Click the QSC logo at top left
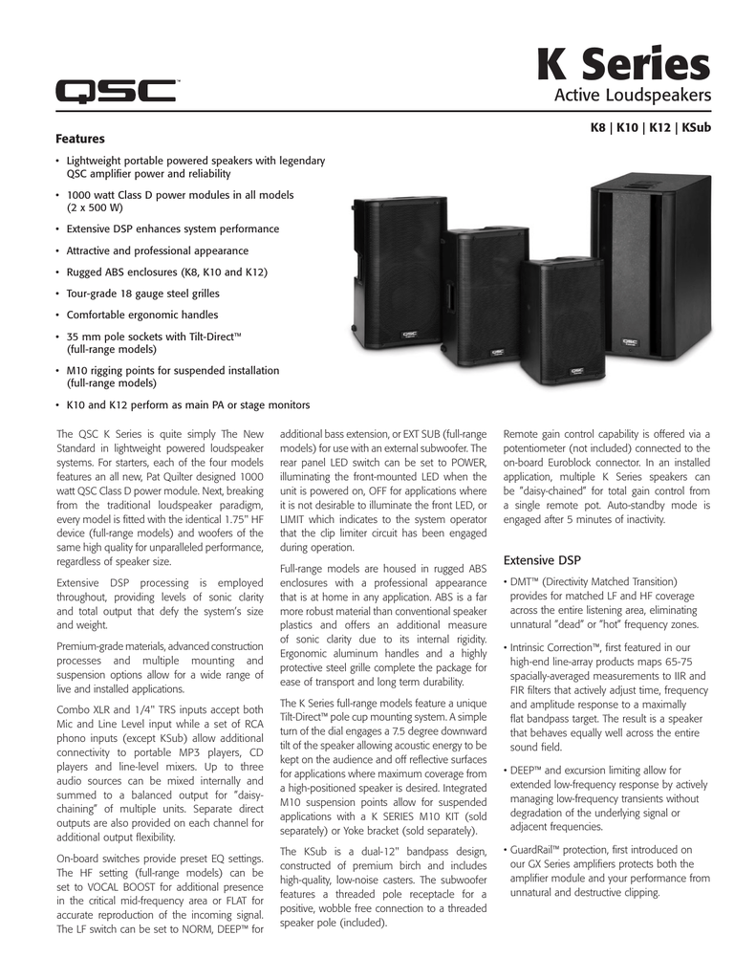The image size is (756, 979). click(x=116, y=93)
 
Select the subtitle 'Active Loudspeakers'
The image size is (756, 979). click(x=634, y=96)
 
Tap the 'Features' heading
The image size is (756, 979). click(x=80, y=139)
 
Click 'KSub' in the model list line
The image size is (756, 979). click(x=695, y=127)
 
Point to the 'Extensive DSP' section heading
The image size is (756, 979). click(x=542, y=559)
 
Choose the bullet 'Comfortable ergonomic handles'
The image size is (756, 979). click(x=142, y=315)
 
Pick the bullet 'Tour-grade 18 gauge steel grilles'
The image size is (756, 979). click(x=142, y=294)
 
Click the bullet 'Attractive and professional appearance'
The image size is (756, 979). click(x=157, y=250)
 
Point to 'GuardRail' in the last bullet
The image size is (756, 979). click(x=532, y=849)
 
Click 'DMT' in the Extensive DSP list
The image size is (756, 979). click(x=521, y=581)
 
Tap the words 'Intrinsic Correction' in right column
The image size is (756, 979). click(x=551, y=647)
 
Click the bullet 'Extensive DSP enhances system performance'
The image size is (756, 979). click(x=172, y=229)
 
